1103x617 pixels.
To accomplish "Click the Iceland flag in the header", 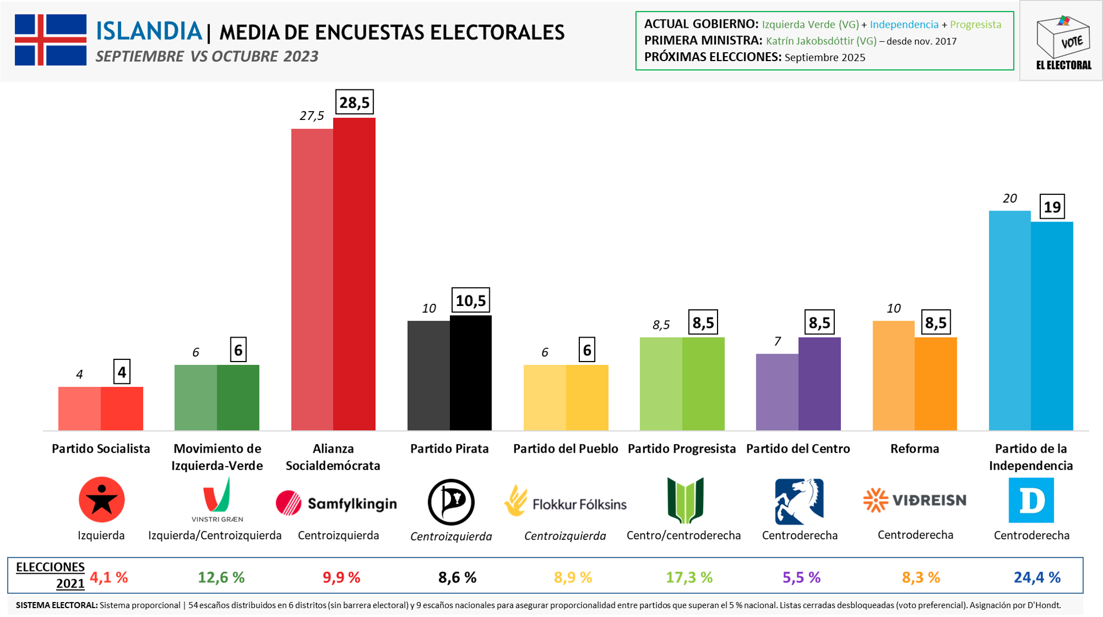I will coord(51,40).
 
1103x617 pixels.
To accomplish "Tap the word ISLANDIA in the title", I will coord(148,31).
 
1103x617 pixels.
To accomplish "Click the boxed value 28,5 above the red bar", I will coord(354,102).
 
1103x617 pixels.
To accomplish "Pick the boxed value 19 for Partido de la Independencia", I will coord(1052,207).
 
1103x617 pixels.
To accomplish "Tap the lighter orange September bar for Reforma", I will coord(893,375).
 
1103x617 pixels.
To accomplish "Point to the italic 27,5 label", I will coord(312,116).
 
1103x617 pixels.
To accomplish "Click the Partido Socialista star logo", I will coord(102,500).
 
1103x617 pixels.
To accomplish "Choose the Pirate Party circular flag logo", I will coord(451,502).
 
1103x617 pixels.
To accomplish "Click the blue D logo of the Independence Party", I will coord(1031,500).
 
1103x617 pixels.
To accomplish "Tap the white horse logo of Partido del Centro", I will coord(799,501).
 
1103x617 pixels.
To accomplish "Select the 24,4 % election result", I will coord(1037,578).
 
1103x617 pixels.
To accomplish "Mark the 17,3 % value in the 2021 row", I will coord(689,578).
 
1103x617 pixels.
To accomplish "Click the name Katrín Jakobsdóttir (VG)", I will coord(821,41).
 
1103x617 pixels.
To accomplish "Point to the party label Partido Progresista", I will coord(681,449).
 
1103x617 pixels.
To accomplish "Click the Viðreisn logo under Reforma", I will coord(915,500).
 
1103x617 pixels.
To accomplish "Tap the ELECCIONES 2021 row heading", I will coord(51,575).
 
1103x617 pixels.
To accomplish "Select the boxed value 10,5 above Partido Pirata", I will coord(470,300).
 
